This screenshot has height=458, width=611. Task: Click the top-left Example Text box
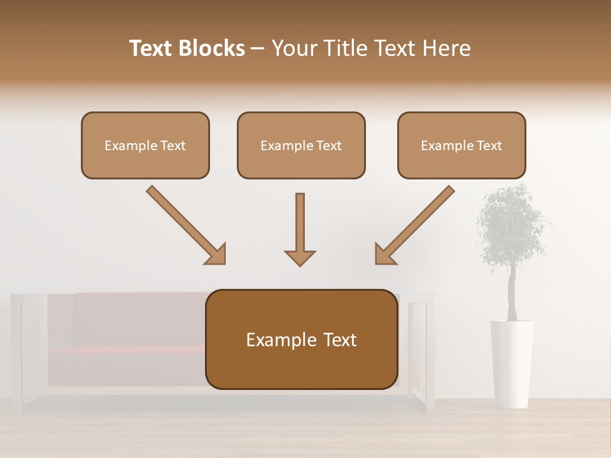(x=145, y=145)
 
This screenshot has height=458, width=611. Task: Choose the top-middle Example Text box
(x=301, y=145)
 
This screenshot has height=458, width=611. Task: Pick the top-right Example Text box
(x=461, y=145)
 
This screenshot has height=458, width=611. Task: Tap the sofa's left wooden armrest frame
(x=18, y=350)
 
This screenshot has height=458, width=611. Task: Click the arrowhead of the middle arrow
(x=300, y=257)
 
